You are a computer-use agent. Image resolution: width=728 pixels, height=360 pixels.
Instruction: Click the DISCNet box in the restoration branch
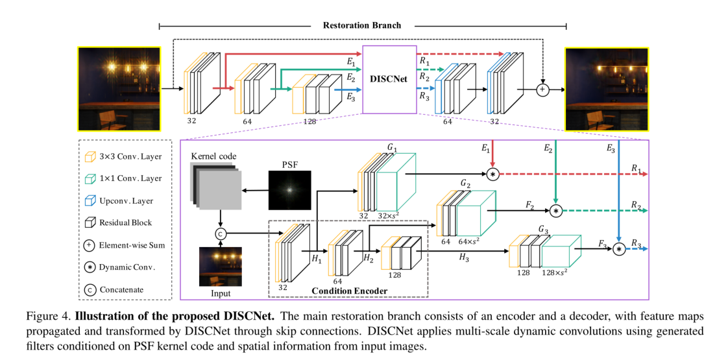click(x=388, y=78)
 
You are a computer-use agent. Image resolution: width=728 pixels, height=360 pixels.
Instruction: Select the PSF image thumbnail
click(x=290, y=191)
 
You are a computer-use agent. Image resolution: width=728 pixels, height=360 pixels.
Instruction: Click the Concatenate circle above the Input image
click(x=220, y=234)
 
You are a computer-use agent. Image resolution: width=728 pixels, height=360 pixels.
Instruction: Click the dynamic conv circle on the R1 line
click(x=492, y=174)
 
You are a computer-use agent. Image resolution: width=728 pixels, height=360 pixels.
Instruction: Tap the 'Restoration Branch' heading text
click(x=362, y=25)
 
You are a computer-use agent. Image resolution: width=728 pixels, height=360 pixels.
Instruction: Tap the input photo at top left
click(x=118, y=89)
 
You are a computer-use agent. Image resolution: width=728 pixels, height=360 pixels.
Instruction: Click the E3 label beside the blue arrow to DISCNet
click(x=350, y=98)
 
